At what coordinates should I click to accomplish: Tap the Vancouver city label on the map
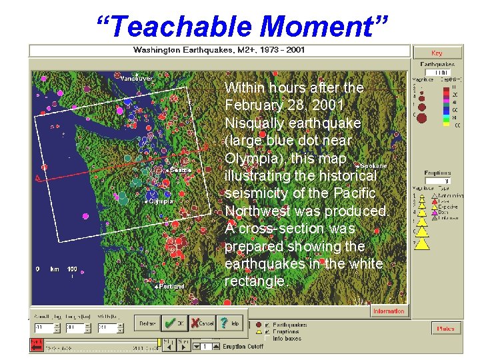pos(137,78)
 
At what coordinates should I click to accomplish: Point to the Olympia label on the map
pos(161,201)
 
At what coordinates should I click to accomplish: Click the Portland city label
pos(171,286)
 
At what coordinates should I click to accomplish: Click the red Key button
pos(437,53)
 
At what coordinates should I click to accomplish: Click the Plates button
pos(445,329)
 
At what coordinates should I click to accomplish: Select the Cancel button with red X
pos(203,323)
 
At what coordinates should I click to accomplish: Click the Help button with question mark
pos(231,323)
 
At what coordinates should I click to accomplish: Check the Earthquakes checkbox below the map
pos(268,325)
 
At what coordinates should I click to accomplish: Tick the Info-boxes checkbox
pos(268,338)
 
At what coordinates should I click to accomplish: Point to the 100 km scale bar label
pos(72,269)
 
